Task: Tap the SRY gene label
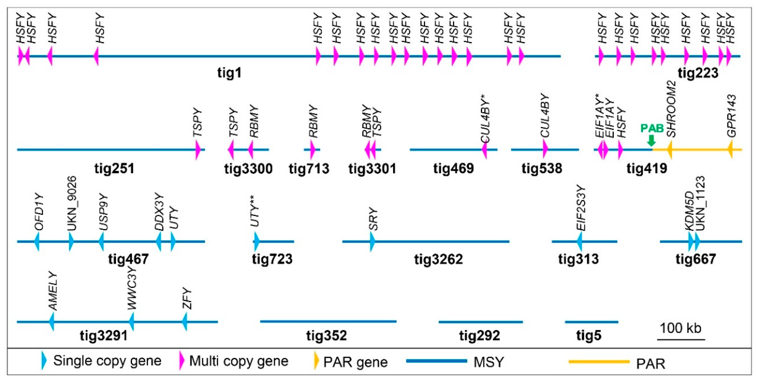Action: pos(373,219)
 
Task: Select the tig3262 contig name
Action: pos(438,259)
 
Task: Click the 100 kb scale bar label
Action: pos(680,328)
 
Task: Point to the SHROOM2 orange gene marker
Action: pos(670,150)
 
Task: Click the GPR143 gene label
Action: pos(732,115)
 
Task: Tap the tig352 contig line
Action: pos(328,321)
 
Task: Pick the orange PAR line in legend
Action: pos(599,361)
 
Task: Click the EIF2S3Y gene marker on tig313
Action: pos(579,241)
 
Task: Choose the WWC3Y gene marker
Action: pos(131,321)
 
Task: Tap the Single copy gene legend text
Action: pos(107,361)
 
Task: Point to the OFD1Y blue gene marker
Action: pos(37,241)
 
